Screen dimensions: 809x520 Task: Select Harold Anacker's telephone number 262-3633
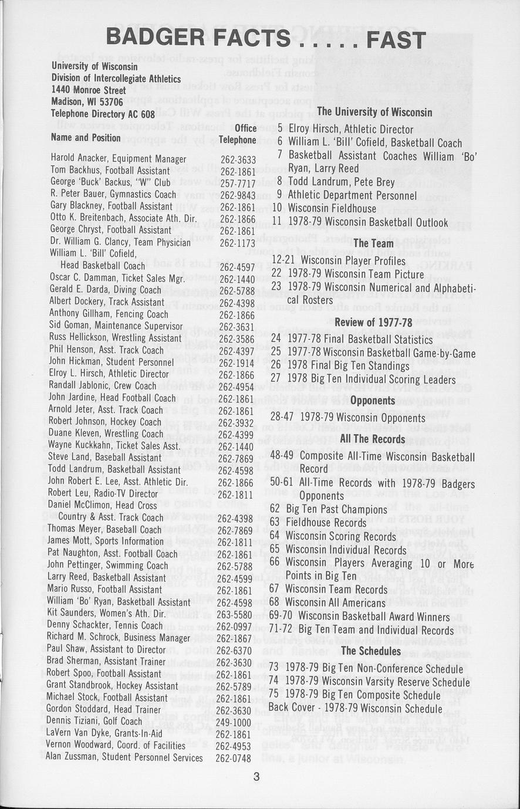pyautogui.click(x=238, y=159)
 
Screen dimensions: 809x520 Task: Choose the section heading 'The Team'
pyautogui.click(x=373, y=243)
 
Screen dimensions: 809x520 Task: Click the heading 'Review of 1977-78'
pyautogui.click(x=373, y=321)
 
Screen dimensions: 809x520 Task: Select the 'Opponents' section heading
pyautogui.click(x=373, y=401)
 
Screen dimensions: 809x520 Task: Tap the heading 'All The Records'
pyautogui.click(x=373, y=439)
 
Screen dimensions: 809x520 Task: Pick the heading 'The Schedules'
pyautogui.click(x=372, y=651)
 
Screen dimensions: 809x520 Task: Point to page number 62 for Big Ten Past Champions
pyautogui.click(x=275, y=509)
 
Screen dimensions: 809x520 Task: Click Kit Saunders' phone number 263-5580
pyautogui.click(x=234, y=614)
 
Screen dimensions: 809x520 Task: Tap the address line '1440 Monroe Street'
pyautogui.click(x=89, y=90)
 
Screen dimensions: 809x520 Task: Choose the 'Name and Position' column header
pyautogui.click(x=86, y=138)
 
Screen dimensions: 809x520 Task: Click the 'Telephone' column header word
pyautogui.click(x=237, y=140)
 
